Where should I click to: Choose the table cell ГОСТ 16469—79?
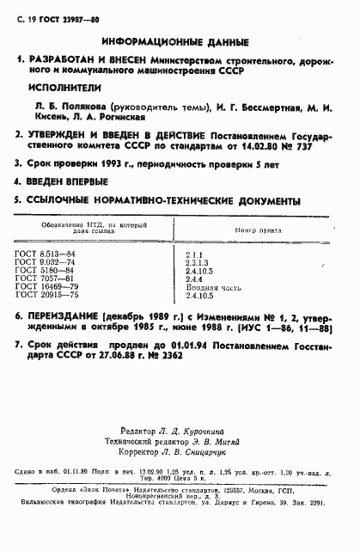pos(57,286)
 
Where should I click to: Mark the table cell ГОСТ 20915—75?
pos(57,295)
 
